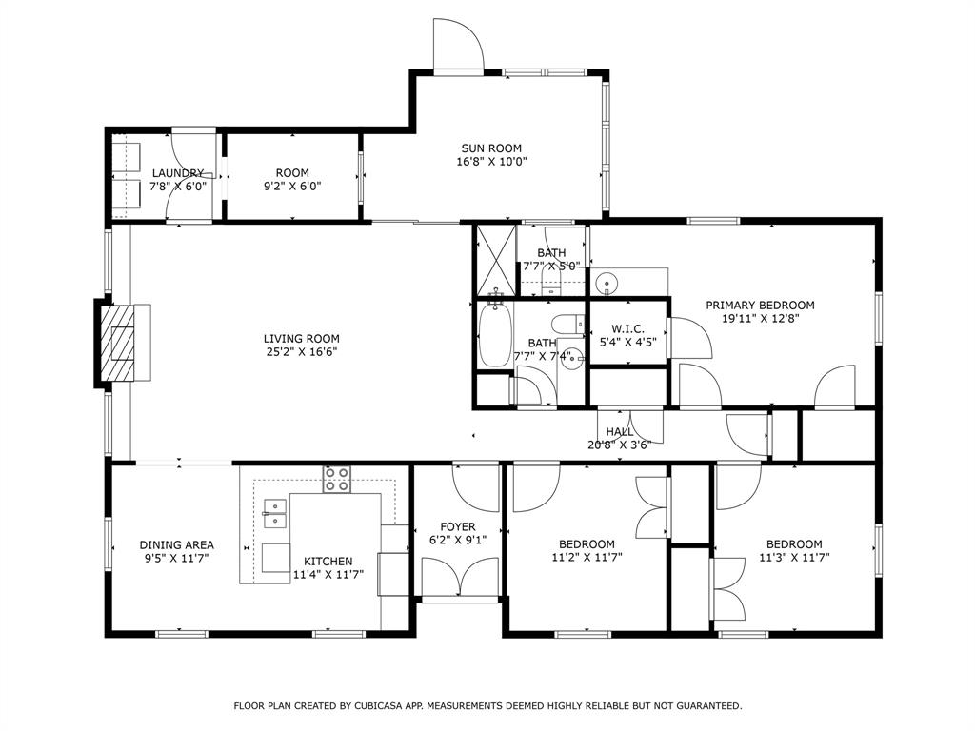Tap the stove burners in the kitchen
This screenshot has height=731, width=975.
(336, 479)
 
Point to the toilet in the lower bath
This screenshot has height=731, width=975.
(567, 323)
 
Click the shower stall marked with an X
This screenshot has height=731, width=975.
(494, 260)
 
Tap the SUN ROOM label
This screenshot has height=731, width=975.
(491, 148)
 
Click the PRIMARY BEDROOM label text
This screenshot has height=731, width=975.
(760, 305)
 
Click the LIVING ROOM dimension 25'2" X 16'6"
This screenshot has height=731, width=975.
(301, 351)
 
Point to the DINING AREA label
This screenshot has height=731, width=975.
(176, 544)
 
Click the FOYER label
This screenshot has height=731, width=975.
(457, 526)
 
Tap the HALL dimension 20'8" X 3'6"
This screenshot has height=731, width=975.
(619, 445)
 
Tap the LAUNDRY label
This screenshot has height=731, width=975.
(177, 173)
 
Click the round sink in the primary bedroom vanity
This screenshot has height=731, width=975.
(606, 284)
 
